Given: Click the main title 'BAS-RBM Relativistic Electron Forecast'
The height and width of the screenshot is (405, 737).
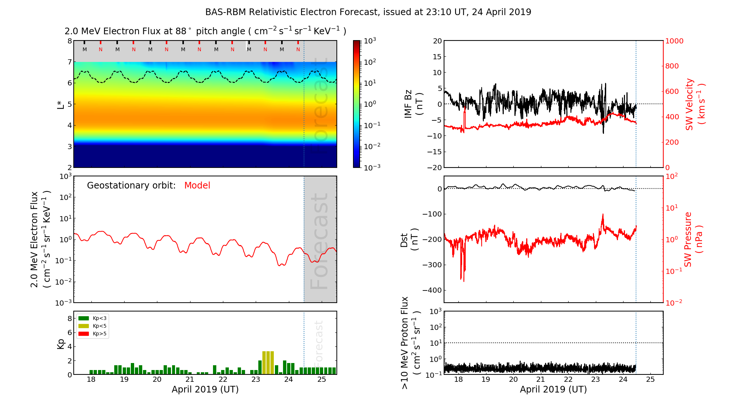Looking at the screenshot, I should click(x=291, y=12).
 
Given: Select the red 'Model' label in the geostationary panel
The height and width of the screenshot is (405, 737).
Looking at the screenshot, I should click(x=197, y=186).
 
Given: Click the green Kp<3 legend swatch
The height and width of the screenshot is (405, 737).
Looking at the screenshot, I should click(x=84, y=318).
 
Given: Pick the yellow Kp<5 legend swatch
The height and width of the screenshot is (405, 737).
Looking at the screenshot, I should click(x=84, y=326).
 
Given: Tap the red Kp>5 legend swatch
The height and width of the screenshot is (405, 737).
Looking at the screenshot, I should click(x=84, y=334).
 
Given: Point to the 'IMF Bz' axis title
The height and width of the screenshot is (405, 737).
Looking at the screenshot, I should click(x=413, y=104).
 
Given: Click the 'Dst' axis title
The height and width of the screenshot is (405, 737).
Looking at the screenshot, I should click(x=409, y=240).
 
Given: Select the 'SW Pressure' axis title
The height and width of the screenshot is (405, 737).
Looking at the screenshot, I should click(x=692, y=239).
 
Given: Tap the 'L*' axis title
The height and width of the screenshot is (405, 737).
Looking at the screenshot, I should click(x=60, y=104).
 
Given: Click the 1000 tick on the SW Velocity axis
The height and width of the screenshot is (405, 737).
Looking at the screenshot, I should click(x=674, y=41).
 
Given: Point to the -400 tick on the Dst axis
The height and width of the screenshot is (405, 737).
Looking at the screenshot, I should click(x=432, y=290).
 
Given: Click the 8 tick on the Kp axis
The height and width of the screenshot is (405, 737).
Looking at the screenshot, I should click(x=69, y=318).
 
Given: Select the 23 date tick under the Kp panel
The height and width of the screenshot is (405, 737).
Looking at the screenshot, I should click(x=256, y=380).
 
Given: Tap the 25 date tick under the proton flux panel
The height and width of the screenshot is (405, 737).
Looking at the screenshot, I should click(x=650, y=380).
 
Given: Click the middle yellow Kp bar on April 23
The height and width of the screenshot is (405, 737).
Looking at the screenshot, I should click(x=268, y=363).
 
